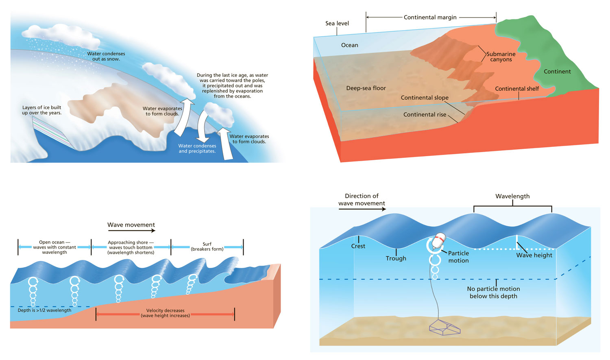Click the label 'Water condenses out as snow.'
pos(106,56)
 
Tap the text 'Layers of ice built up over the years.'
pos(42,110)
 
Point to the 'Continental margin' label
pos(430,17)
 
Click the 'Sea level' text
pos(337,24)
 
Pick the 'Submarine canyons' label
pos(501,57)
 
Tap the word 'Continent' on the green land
pos(557,72)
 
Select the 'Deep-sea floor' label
pos(366,88)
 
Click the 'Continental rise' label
pos(425,115)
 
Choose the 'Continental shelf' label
pos(517,89)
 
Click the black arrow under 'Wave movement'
pos(131,231)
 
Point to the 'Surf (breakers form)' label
pos(207,247)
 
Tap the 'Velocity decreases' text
pos(165,311)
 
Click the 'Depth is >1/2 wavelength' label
pos(44,310)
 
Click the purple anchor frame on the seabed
pos(445,328)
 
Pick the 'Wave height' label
pos(534,255)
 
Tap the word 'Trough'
pos(396,258)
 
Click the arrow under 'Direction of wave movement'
pos(362,209)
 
